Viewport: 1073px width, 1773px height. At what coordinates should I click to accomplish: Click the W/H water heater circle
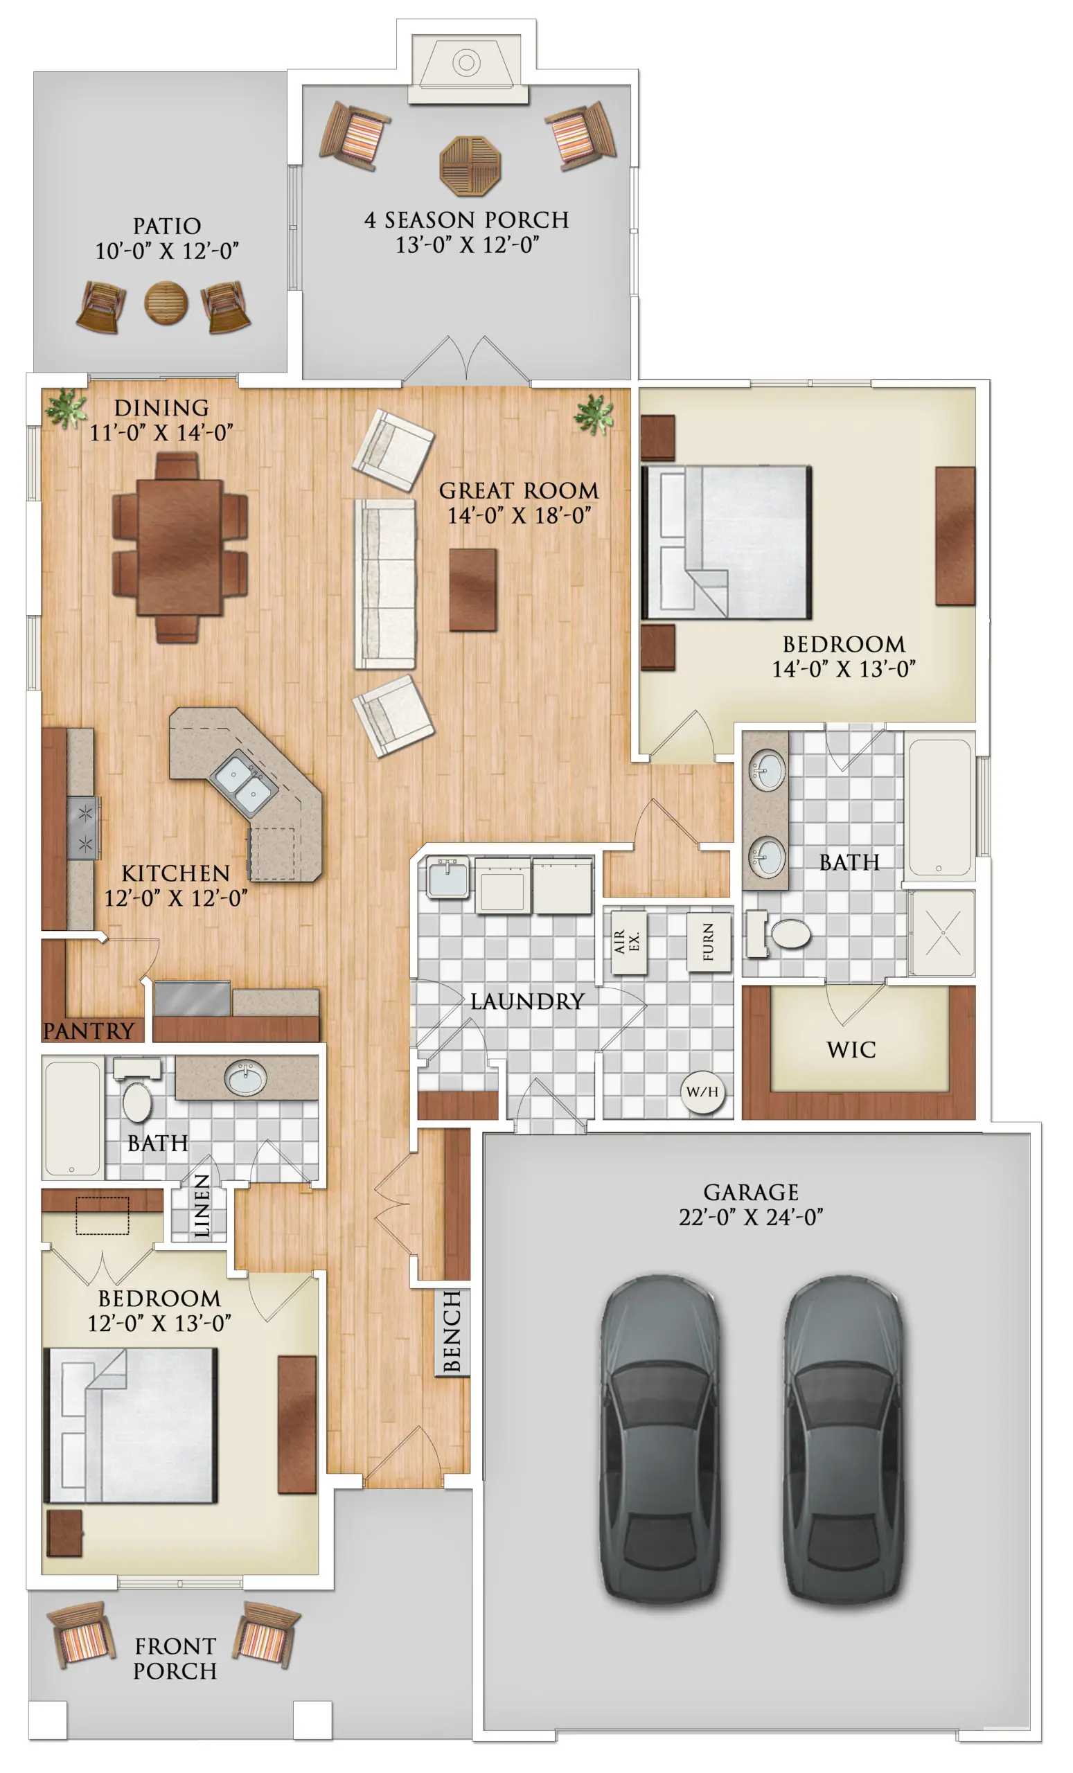(702, 1092)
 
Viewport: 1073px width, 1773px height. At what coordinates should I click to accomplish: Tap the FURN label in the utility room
(708, 942)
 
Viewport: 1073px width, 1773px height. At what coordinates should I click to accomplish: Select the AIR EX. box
(628, 942)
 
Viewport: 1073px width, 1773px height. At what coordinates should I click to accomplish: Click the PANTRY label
(89, 1031)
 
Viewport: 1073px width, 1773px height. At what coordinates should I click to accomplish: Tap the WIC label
(851, 1050)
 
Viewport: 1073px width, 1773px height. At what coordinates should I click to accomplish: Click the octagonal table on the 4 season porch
(470, 166)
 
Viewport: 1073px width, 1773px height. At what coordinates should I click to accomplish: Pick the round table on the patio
(166, 303)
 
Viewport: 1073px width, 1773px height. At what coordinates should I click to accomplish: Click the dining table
(179, 548)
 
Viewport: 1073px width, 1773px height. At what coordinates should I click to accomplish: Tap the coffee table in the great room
(473, 590)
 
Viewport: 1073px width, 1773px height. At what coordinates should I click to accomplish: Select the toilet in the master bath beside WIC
(781, 934)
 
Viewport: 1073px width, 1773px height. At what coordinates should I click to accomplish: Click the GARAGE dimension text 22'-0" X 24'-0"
(751, 1217)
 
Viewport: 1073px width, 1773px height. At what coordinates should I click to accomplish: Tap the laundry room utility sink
(447, 877)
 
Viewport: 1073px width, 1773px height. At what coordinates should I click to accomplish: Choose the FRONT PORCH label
(175, 1658)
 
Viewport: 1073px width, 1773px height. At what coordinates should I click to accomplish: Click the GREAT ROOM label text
(518, 491)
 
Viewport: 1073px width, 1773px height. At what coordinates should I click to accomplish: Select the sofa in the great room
(385, 585)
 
